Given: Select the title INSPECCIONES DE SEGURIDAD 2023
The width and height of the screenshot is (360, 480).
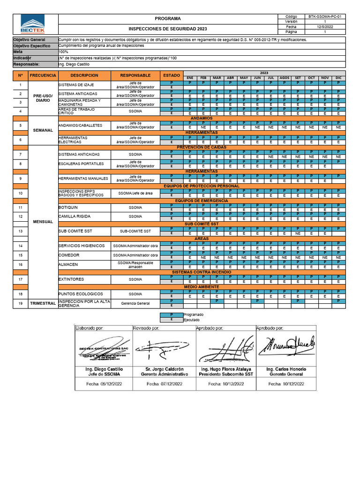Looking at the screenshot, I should [x=167, y=29].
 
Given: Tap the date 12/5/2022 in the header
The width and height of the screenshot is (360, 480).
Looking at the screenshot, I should [x=325, y=27].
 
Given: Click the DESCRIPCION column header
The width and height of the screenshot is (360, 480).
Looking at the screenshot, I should [x=84, y=75].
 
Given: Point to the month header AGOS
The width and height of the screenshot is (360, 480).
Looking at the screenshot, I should [x=284, y=78].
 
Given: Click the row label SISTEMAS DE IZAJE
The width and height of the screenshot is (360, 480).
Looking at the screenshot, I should [x=72, y=85].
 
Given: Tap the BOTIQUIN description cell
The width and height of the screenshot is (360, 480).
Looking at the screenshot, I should [x=68, y=207].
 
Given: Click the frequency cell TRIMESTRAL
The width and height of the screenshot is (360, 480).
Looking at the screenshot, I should [x=43, y=303].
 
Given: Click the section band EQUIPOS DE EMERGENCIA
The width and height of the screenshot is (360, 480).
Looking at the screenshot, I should [x=202, y=201].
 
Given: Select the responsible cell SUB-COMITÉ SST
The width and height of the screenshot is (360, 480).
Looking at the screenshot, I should [x=135, y=231].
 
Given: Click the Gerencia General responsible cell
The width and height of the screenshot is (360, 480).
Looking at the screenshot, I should [x=135, y=303].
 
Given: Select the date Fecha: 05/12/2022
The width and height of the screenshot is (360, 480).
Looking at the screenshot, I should [x=104, y=383].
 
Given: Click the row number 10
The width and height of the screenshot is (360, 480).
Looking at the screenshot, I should [x=20, y=193].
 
